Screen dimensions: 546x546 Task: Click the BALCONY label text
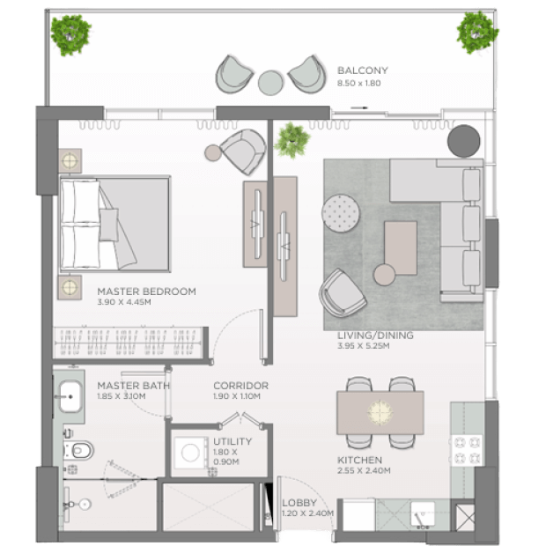click(363, 70)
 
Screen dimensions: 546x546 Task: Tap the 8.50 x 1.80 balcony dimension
click(358, 84)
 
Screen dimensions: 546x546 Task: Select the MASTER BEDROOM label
click(146, 291)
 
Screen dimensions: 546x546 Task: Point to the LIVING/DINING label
click(375, 336)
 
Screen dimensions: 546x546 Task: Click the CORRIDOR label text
click(241, 386)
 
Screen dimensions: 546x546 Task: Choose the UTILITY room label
click(232, 441)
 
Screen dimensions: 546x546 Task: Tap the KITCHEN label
click(359, 460)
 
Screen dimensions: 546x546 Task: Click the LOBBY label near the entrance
click(299, 503)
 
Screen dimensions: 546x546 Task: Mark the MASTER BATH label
click(134, 386)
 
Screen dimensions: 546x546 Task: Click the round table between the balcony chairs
click(270, 83)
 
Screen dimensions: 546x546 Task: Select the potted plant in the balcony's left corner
click(71, 34)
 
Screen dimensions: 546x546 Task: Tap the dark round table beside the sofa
click(463, 142)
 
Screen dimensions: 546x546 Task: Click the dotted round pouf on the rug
click(341, 213)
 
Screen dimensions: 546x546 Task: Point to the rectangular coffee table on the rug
click(401, 248)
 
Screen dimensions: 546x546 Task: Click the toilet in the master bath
click(78, 451)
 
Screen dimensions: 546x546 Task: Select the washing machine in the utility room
click(190, 453)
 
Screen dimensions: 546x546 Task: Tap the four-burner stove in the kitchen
click(467, 450)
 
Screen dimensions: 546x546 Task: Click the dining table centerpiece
click(380, 413)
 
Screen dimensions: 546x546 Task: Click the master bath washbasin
click(70, 396)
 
